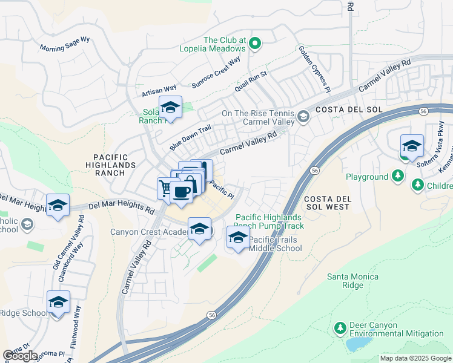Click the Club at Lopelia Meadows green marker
pyautogui.click(x=255, y=43)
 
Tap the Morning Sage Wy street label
pyautogui.click(x=64, y=44)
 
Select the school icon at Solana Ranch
pyautogui.click(x=170, y=108)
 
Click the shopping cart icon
pyautogui.click(x=165, y=188)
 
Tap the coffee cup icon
pyautogui.click(x=181, y=192)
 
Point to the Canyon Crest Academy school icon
pyautogui.click(x=199, y=229)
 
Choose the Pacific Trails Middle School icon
pyautogui.click(x=238, y=238)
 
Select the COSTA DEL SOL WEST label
pyautogui.click(x=327, y=203)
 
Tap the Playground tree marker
pyautogui.click(x=397, y=177)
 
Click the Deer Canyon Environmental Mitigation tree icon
pyautogui.click(x=340, y=329)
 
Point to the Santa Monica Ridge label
pyautogui.click(x=346, y=281)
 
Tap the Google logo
pyautogui.click(x=20, y=355)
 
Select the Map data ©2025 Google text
pyautogui.click(x=415, y=358)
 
